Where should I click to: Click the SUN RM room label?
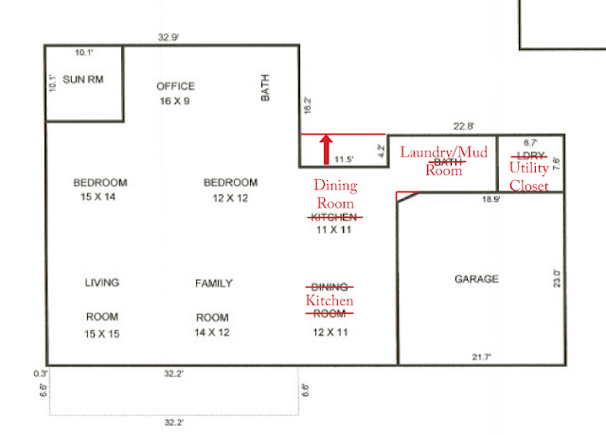click(x=83, y=80)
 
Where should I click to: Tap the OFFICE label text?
click(x=176, y=86)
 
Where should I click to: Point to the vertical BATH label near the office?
click(x=265, y=88)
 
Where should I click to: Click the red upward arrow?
click(x=326, y=149)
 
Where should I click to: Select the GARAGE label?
click(x=476, y=279)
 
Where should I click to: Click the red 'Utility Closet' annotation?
click(x=529, y=176)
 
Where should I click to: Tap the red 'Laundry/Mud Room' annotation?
click(x=444, y=161)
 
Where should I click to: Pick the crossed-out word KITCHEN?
click(x=334, y=217)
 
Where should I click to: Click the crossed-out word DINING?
click(x=330, y=287)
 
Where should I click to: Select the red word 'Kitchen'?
click(x=330, y=300)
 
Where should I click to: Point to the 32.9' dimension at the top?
click(x=169, y=38)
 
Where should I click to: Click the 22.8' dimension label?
click(x=463, y=126)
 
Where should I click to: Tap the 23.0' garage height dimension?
click(x=557, y=279)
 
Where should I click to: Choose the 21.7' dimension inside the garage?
click(x=481, y=357)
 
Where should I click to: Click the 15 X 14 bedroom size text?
click(x=98, y=197)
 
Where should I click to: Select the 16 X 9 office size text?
click(x=174, y=100)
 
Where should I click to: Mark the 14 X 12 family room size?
click(x=212, y=332)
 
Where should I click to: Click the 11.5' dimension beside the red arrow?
click(x=344, y=159)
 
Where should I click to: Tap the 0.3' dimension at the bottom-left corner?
click(x=40, y=373)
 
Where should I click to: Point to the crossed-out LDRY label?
click(x=530, y=155)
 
